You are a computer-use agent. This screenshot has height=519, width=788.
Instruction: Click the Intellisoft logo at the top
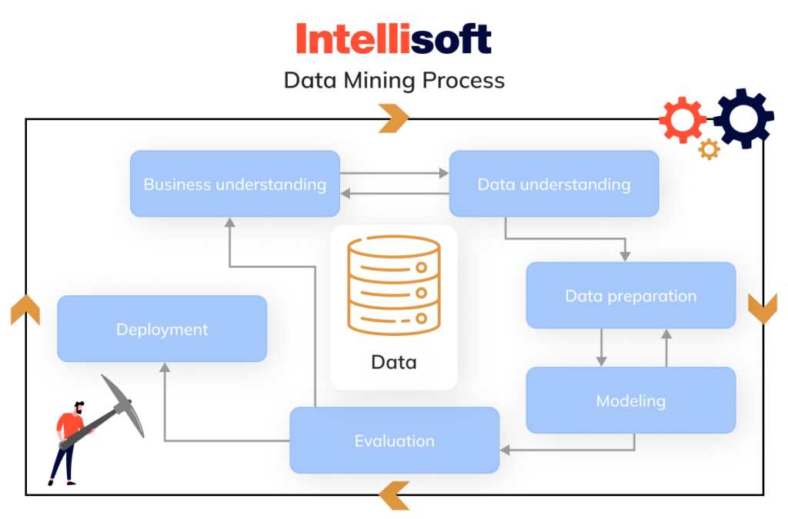coord(393,39)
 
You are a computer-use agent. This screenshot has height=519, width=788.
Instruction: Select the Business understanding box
coord(235,184)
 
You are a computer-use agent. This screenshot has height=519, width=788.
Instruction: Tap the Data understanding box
coord(553,184)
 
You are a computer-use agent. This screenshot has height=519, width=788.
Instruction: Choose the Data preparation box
coord(630,295)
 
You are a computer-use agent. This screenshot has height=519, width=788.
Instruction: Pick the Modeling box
coord(630,400)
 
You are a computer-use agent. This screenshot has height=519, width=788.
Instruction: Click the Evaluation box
coord(394,441)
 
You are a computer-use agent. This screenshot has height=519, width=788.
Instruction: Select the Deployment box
coord(162,329)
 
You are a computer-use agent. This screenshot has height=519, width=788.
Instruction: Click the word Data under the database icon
coord(394,361)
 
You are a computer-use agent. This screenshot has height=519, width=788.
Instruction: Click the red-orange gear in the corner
coord(683,120)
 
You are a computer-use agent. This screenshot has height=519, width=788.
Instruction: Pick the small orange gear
coord(709,149)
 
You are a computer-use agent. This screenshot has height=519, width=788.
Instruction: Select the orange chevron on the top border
coord(394,118)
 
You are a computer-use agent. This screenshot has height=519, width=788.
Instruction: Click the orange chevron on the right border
coord(763,308)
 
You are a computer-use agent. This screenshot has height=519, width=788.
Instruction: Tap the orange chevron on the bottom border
coord(394,495)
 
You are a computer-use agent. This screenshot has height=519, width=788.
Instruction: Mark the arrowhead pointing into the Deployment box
coord(164,368)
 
